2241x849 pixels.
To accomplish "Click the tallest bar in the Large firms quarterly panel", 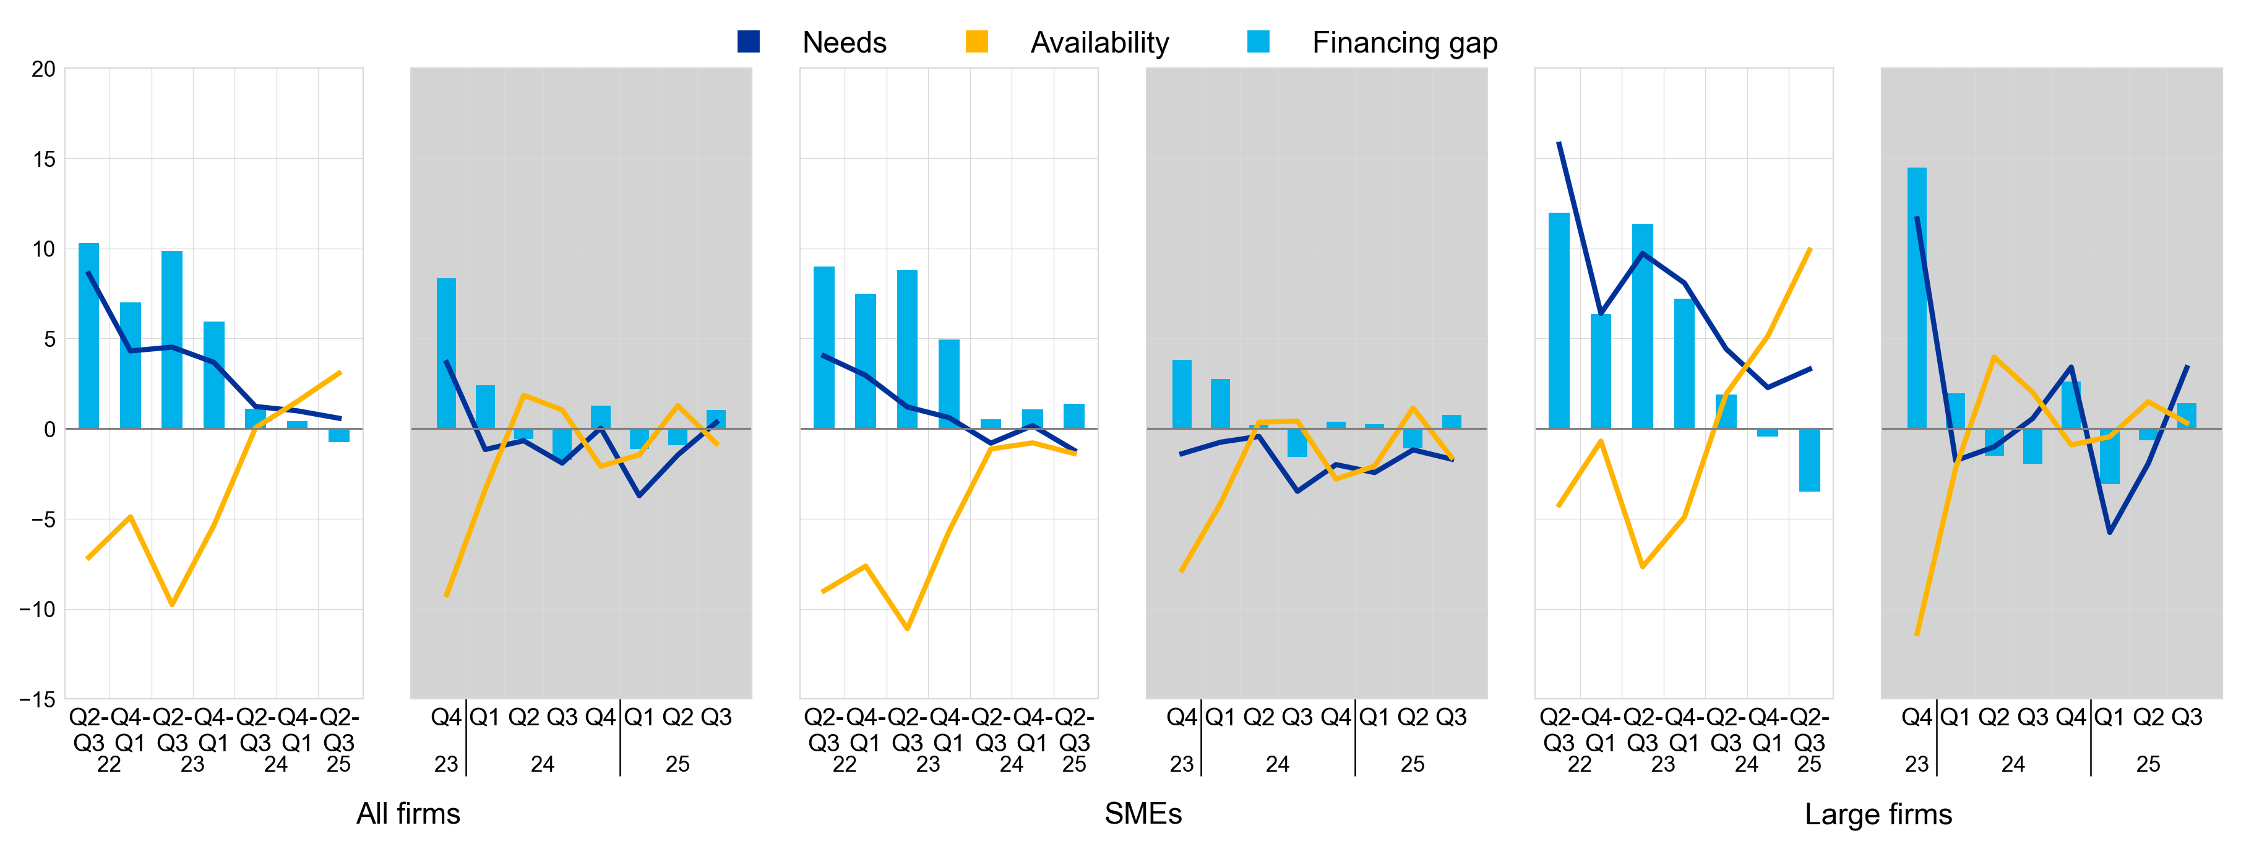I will [1917, 299].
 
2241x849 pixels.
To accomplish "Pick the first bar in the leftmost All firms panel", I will [88, 336].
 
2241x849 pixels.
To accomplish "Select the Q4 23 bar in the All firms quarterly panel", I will [446, 353].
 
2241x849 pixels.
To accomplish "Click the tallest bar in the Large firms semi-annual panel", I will [1559, 321].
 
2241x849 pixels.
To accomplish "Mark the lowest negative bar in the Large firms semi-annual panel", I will [1810, 460].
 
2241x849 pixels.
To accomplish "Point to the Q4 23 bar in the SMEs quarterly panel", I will [1181, 394].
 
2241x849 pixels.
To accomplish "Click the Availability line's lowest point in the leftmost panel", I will [172, 604].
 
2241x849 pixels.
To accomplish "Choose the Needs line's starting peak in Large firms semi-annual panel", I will [1559, 143].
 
